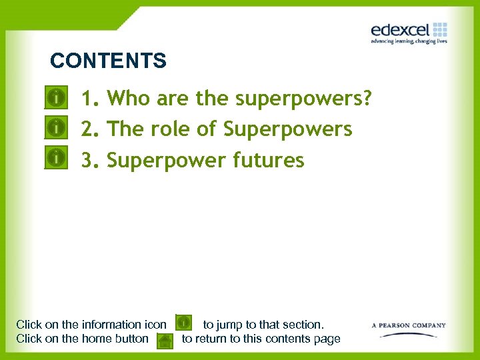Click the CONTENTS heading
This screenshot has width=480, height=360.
tap(108, 61)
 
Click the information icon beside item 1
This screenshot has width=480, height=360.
tap(58, 98)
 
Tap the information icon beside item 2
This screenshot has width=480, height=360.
tap(58, 126)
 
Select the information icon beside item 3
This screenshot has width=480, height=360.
tap(58, 158)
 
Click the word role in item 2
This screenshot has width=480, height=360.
tap(173, 128)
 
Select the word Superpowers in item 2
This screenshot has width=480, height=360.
tap(287, 129)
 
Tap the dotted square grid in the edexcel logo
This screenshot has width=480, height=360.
tap(440, 29)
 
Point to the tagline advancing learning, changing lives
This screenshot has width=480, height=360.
tap(409, 41)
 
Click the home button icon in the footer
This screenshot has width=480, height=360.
tap(165, 341)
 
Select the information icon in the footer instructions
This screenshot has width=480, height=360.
tap(184, 323)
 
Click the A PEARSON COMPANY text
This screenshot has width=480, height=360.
tap(409, 325)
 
